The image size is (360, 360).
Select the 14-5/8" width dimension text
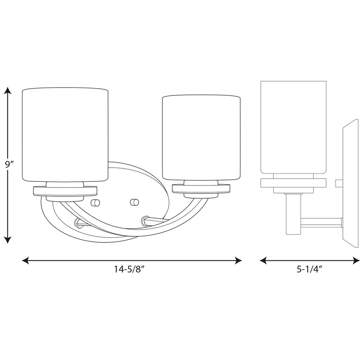[129, 270]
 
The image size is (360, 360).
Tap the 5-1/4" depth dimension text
[310, 270]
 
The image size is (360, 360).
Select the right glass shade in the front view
[201, 137]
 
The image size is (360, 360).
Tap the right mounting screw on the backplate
[134, 202]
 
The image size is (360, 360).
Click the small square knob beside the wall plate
[339, 183]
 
